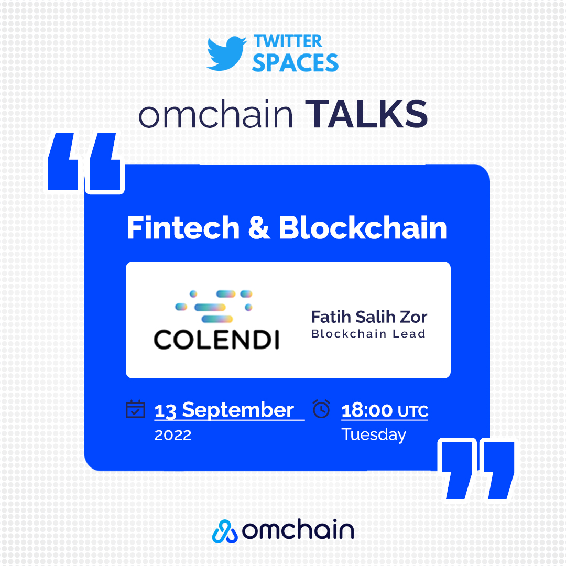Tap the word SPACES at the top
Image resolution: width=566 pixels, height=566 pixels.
coord(295,63)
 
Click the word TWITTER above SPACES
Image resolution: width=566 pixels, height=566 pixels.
coord(288,41)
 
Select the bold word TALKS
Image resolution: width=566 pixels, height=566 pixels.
coord(367,114)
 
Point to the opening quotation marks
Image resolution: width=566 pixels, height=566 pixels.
coord(86,163)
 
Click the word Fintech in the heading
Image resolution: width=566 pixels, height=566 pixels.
coord(182,228)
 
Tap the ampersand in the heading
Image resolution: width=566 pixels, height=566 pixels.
coord(258,228)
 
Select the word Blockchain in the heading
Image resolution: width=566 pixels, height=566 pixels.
coord(363,228)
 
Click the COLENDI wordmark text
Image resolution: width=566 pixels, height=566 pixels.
coord(216,340)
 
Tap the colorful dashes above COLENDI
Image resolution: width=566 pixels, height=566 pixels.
coord(214,306)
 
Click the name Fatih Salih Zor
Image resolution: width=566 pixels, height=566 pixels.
coord(369,317)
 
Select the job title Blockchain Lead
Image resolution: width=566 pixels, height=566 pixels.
coord(368,334)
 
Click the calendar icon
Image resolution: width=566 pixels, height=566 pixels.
coord(135,409)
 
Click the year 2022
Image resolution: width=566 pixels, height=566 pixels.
coord(173,435)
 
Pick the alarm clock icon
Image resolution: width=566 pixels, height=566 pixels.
coord(321,409)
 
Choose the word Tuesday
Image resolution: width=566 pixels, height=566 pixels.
coord(374,434)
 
